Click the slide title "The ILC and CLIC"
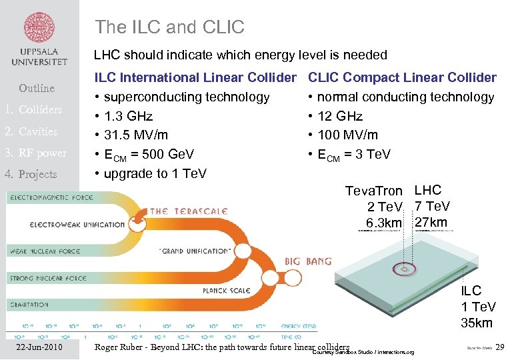click(169, 27)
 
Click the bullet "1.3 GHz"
click(128, 116)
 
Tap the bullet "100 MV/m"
click(347, 135)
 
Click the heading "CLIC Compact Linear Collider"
click(403, 78)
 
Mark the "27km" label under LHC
click(431, 222)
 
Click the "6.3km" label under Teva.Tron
click(384, 222)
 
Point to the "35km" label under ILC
click(477, 323)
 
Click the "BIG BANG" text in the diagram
click(308, 261)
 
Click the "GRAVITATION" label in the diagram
click(29, 305)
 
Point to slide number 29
click(501, 347)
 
